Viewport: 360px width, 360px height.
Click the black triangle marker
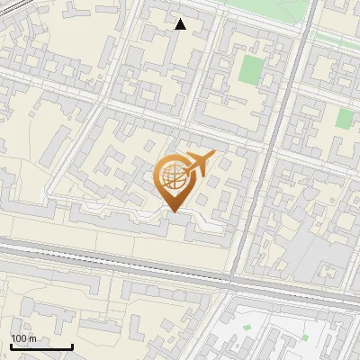coord(180,24)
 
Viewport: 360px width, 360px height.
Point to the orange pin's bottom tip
coord(172,212)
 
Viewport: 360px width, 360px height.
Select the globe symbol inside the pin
coord(172,176)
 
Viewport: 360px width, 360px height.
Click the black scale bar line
coord(41,346)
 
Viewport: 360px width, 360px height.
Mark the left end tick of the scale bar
coord(11,346)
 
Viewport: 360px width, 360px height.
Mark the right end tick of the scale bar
coord(72,346)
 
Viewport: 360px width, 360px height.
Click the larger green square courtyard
coord(251,70)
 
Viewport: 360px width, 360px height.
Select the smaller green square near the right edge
coord(344,118)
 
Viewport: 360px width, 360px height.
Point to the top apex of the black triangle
coord(180,19)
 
